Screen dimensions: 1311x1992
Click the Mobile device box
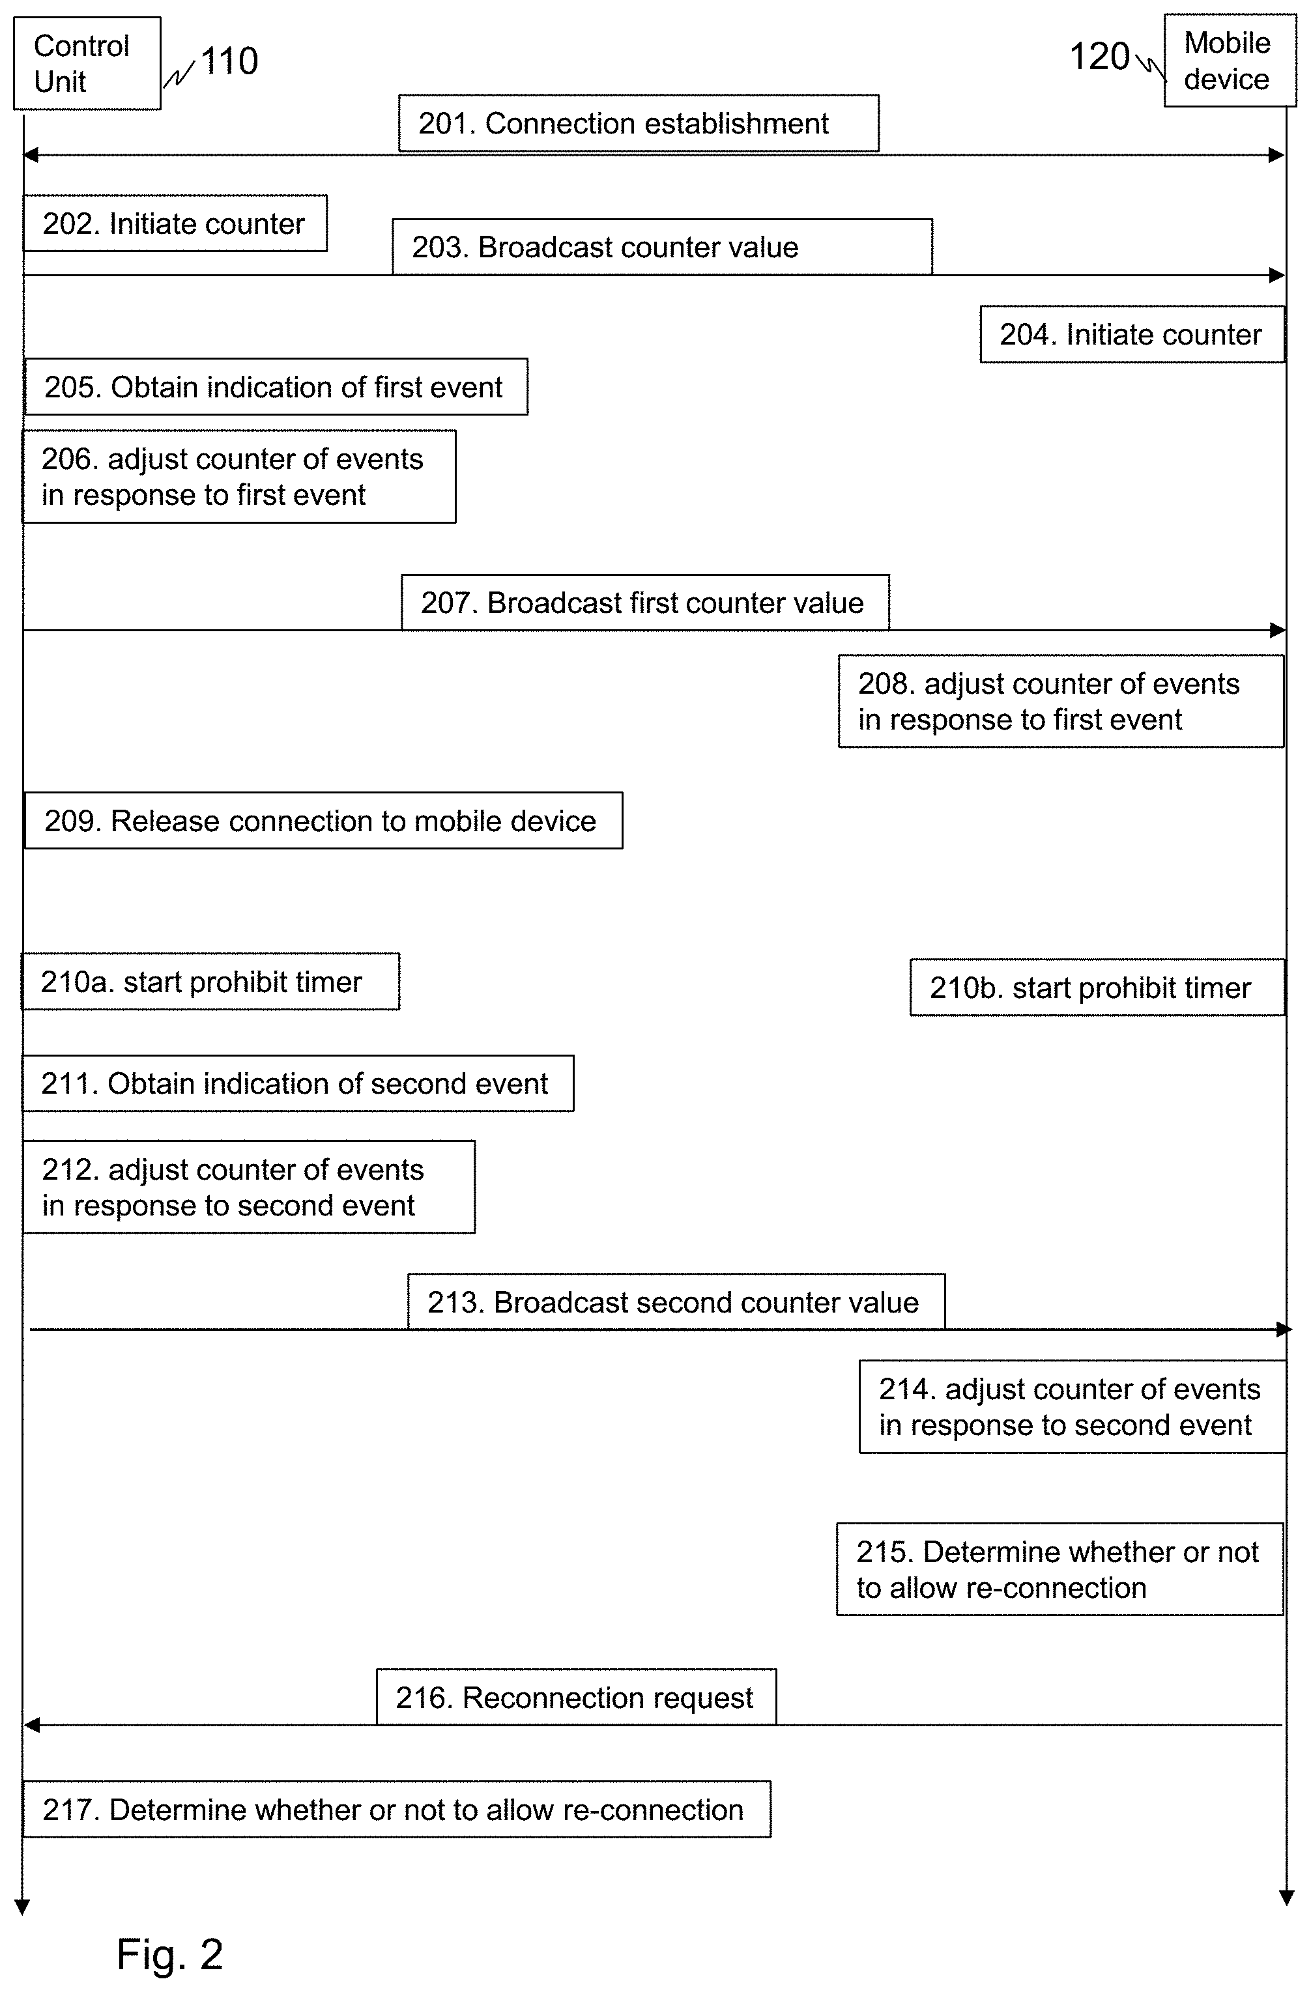[x=1230, y=61]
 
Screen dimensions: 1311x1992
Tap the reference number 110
[x=229, y=61]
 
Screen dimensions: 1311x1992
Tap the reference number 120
[x=1100, y=57]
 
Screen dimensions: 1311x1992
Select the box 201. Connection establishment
[x=639, y=123]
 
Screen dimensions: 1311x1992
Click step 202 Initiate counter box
[x=175, y=223]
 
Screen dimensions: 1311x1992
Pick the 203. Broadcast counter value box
[x=662, y=247]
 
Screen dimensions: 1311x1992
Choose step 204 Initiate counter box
[x=1132, y=334]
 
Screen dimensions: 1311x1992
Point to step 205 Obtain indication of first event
[x=276, y=387]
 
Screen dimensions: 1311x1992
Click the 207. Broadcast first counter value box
[x=644, y=603]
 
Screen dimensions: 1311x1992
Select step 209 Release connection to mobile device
[x=323, y=820]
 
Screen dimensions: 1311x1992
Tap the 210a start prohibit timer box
[x=210, y=981]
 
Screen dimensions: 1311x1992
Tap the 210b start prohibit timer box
[x=1097, y=988]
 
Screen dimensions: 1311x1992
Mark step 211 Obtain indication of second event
[x=298, y=1083]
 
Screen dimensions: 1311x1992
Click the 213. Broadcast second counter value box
[x=676, y=1302]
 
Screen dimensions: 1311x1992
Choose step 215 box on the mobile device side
[x=1060, y=1569]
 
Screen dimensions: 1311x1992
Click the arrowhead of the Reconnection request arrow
[x=31, y=1725]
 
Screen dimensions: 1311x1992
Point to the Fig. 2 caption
[x=170, y=1954]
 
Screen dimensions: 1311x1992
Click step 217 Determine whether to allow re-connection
[x=396, y=1810]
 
